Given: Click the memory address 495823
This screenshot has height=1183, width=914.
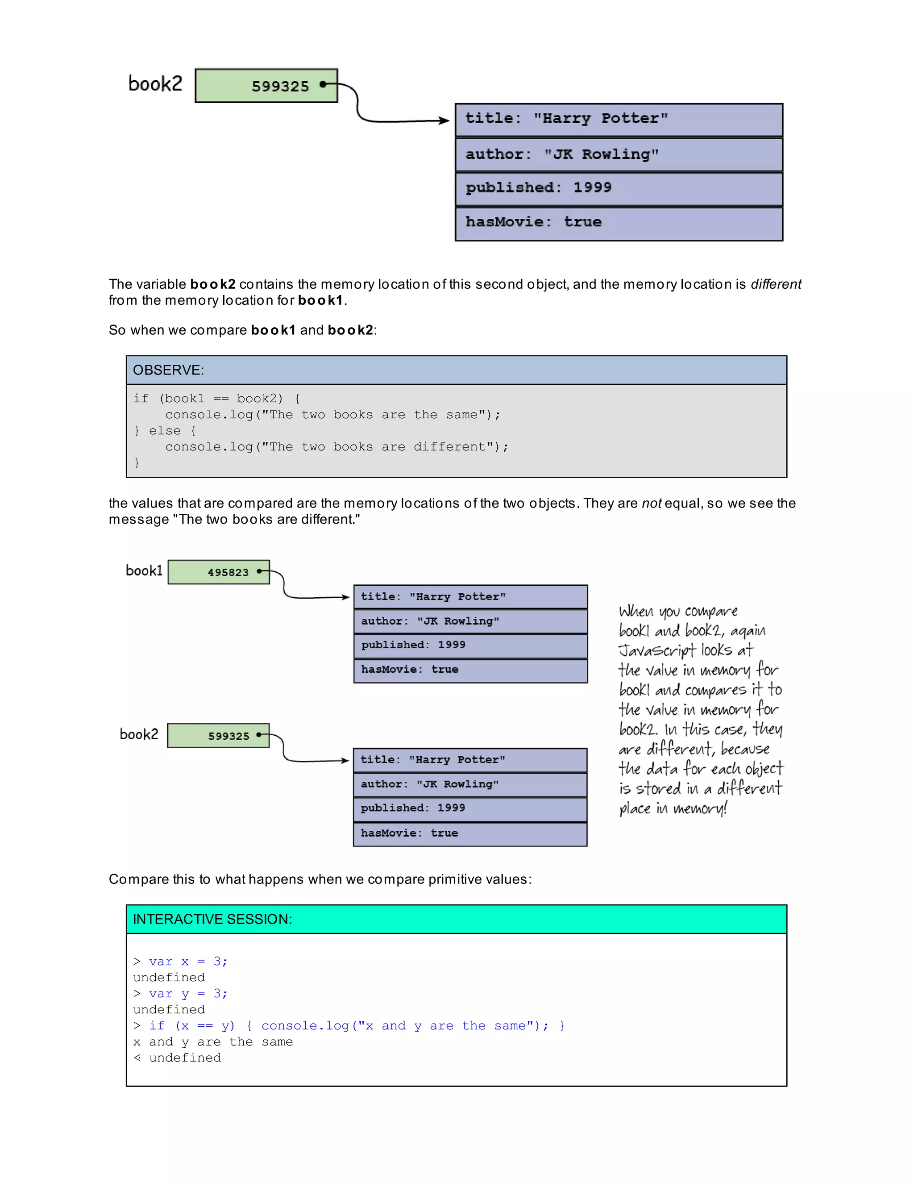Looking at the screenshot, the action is [x=228, y=572].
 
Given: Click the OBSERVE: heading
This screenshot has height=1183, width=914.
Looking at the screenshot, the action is [x=168, y=370].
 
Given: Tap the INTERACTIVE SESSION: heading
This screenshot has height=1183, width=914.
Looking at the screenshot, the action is [x=212, y=919].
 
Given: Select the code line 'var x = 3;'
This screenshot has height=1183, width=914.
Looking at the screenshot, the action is [x=188, y=962].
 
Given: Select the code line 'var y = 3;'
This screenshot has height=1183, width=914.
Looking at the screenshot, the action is [x=188, y=993].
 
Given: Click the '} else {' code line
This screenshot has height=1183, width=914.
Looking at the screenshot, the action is [x=165, y=431].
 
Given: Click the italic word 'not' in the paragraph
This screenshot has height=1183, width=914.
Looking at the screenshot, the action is [x=652, y=503].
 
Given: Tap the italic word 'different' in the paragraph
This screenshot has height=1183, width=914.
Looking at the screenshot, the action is [x=775, y=284].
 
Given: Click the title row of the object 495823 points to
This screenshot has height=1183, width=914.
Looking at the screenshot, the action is [x=470, y=597].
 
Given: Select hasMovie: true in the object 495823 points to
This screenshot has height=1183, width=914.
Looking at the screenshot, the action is [x=470, y=670].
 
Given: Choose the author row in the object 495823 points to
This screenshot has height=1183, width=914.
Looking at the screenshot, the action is [x=470, y=621].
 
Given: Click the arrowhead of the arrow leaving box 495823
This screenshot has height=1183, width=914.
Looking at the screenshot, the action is [x=346, y=597].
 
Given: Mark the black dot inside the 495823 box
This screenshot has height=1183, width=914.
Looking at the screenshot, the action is [x=259, y=571].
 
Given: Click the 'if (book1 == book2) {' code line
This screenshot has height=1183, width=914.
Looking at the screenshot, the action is [x=216, y=399].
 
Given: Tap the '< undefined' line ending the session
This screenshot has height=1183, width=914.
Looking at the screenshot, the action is [x=178, y=1058].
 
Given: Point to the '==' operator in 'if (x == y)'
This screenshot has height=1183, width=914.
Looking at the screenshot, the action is [x=205, y=1026].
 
